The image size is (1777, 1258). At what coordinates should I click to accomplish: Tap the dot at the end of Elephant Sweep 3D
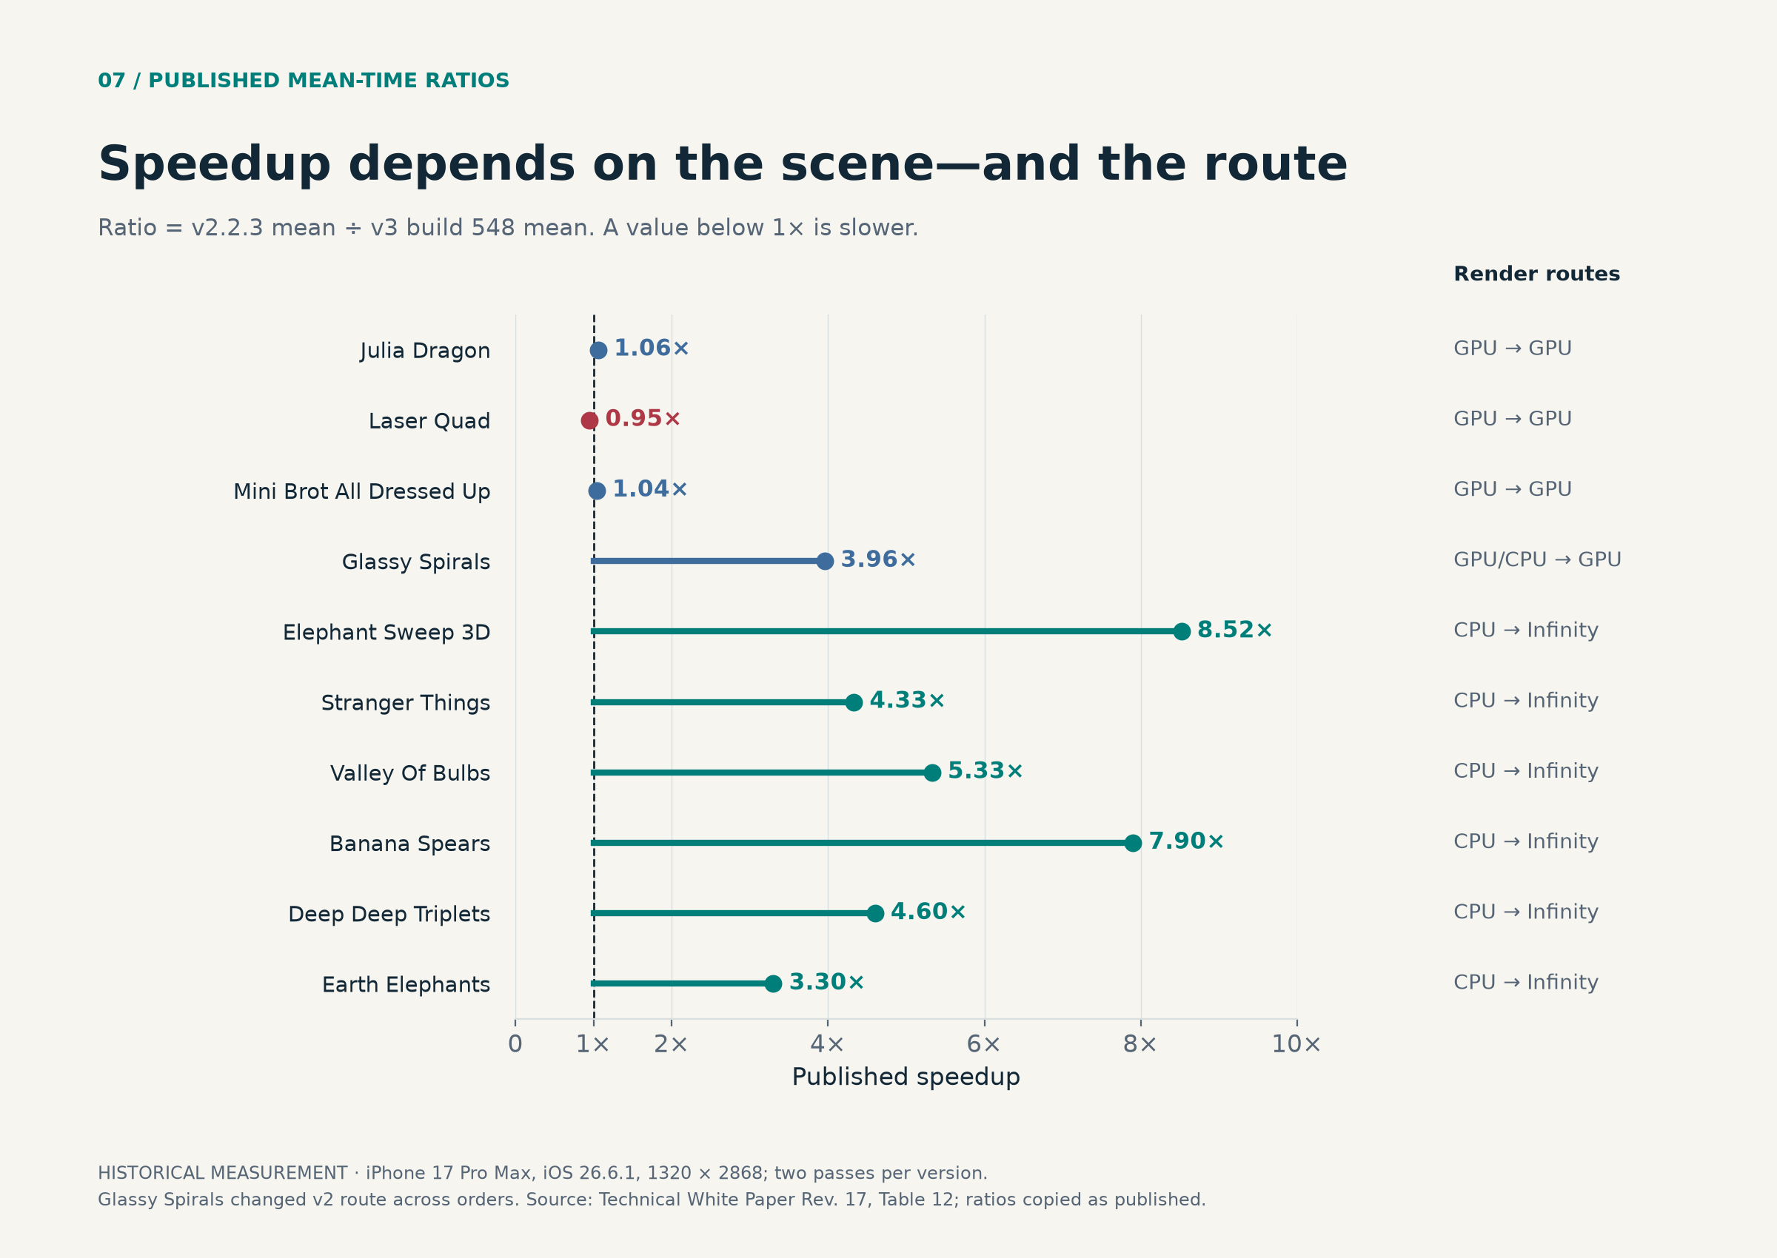tap(1181, 631)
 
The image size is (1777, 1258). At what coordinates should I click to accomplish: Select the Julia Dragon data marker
tap(598, 350)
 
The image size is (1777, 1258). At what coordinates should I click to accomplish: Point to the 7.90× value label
tap(1185, 841)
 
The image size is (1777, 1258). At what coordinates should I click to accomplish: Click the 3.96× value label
tap(878, 559)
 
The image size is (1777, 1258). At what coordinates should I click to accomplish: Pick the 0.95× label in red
tap(643, 418)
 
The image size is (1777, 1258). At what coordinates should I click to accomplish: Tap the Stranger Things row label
tap(405, 702)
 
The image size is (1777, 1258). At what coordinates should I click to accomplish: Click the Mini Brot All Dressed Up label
tap(362, 491)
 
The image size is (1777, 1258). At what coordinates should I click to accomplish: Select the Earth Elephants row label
tap(406, 984)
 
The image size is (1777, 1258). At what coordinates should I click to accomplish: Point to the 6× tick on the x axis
tap(983, 1044)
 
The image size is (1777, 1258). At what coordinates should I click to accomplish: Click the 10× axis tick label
tap(1296, 1044)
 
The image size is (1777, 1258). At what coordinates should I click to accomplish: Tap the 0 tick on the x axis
tap(515, 1044)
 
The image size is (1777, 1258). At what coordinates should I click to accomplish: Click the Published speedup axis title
tap(906, 1077)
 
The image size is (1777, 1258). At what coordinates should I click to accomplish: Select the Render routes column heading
tap(1537, 275)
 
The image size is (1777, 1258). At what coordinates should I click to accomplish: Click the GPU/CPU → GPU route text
tap(1538, 559)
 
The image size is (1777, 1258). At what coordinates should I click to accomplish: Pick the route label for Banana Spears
tap(1526, 841)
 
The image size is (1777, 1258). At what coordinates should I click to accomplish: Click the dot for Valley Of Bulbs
tap(932, 773)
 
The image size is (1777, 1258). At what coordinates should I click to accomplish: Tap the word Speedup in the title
tap(215, 165)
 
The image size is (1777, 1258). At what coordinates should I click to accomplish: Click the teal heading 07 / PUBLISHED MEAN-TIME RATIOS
tap(304, 81)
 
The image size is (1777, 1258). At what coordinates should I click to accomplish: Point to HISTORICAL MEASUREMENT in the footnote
tap(222, 1174)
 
